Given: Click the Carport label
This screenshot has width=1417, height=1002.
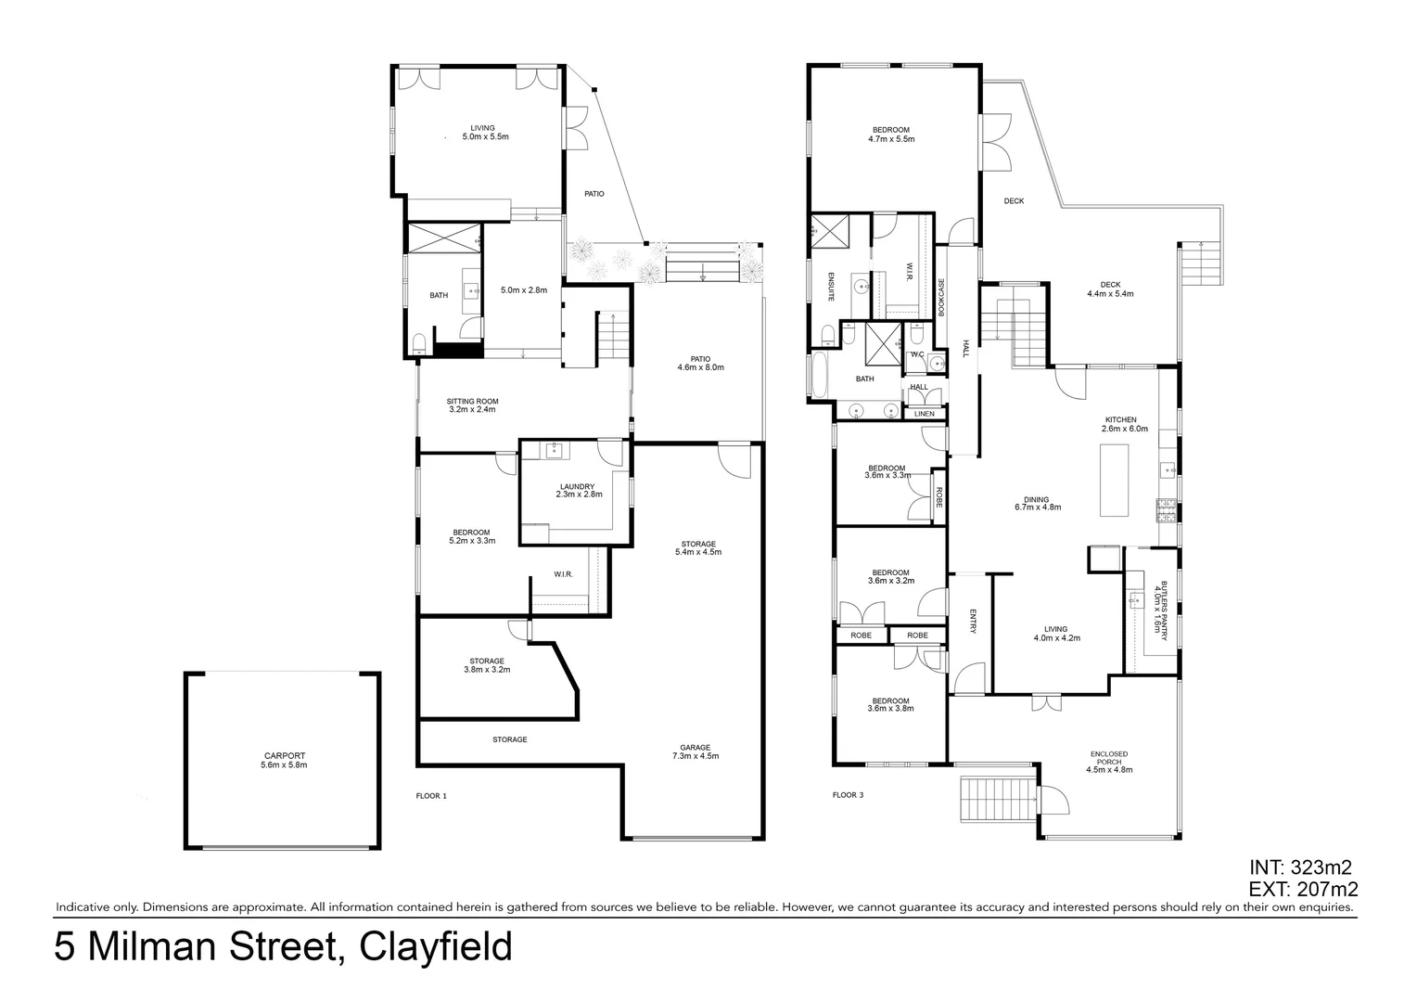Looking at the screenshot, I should tap(283, 761).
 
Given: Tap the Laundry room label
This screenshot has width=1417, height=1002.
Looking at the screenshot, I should tap(578, 491).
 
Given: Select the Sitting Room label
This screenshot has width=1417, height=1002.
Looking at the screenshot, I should tap(472, 405).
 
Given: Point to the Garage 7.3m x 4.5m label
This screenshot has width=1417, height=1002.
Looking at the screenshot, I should tap(695, 751).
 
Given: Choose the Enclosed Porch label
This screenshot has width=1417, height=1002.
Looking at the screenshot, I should tap(1109, 762).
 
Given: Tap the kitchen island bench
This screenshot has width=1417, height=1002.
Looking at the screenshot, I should tap(1114, 480).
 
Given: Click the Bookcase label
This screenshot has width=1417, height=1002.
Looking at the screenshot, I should tap(941, 298).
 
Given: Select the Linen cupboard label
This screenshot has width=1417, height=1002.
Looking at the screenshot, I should tap(925, 414).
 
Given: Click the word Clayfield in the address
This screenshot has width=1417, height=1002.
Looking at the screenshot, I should tap(435, 947).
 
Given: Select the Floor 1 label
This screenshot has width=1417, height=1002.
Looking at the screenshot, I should tap(431, 796).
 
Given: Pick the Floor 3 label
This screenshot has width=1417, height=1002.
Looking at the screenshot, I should tap(848, 795).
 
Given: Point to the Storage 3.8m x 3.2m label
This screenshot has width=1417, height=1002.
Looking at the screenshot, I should tap(486, 665).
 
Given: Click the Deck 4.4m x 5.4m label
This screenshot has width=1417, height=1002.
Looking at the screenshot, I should tap(1110, 289).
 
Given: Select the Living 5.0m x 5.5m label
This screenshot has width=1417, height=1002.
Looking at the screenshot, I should tap(483, 132).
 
